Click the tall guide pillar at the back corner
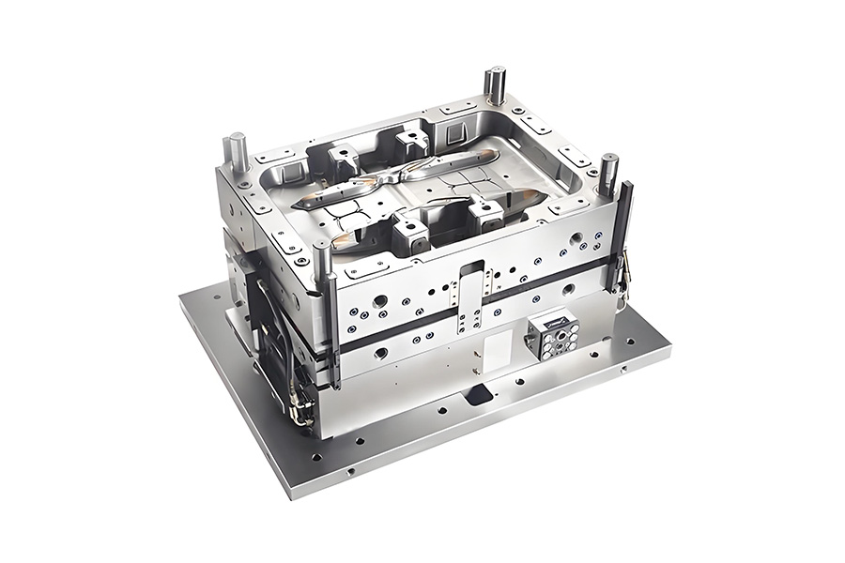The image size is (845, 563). (x=495, y=86)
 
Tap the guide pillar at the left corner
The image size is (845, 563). (x=238, y=152)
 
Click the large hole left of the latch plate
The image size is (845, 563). (x=379, y=302)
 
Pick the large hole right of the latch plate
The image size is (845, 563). (x=569, y=290)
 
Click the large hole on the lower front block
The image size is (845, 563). (x=381, y=354)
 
